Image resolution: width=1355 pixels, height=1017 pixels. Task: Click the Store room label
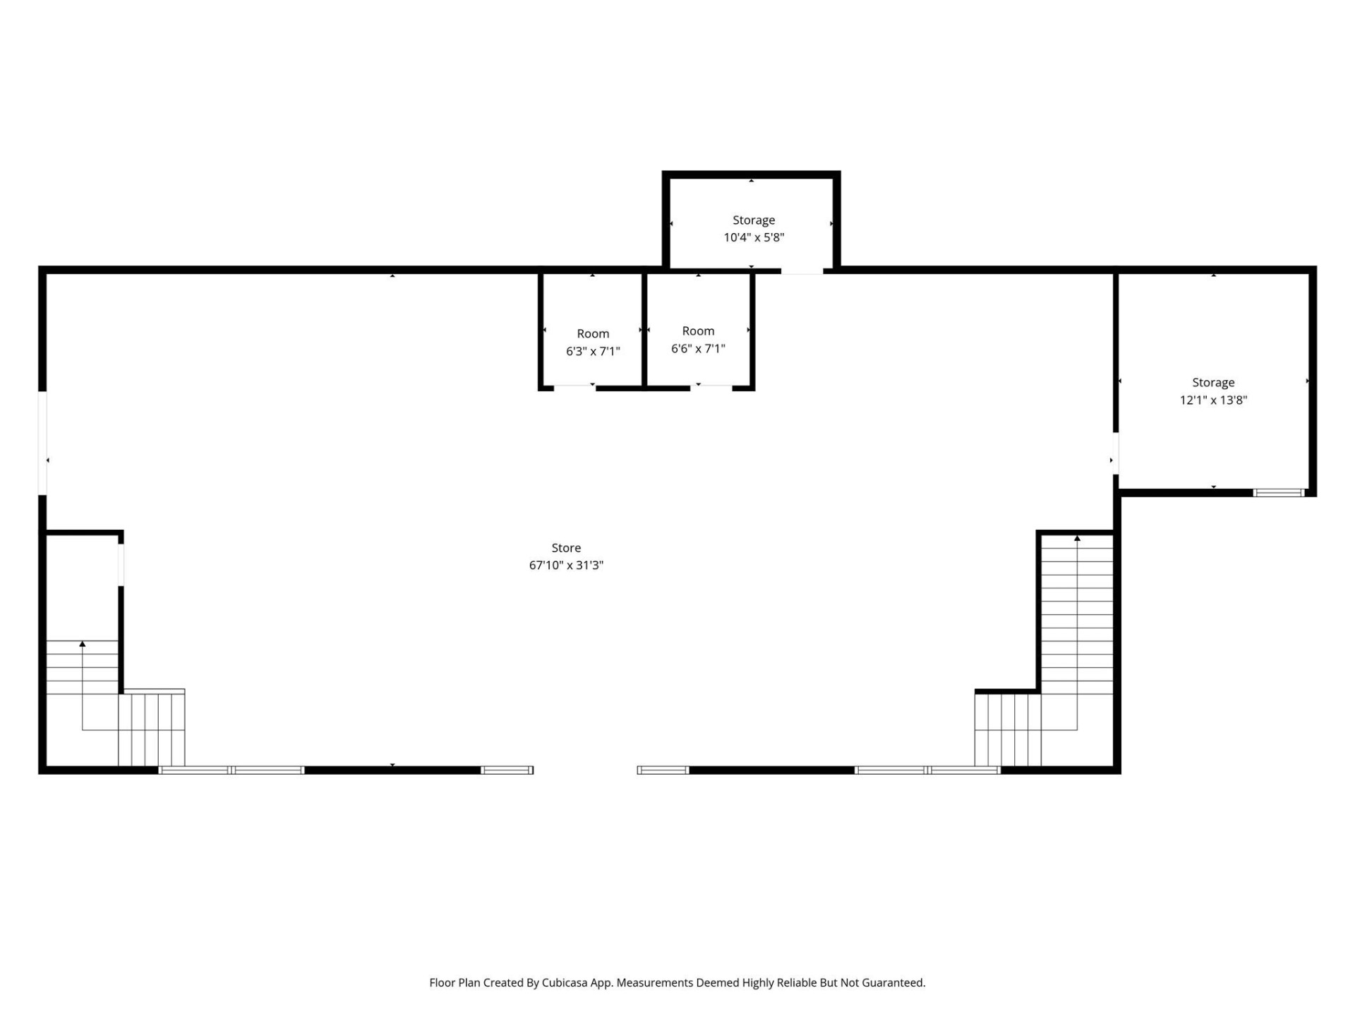566,547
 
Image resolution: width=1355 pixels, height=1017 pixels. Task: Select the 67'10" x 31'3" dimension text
566,565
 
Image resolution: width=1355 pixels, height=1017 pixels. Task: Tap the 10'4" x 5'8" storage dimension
754,237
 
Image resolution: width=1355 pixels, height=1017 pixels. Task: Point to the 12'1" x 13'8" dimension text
1213,400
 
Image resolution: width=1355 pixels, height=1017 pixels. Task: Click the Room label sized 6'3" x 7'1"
593,333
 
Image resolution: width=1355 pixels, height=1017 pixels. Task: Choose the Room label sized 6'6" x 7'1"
698,331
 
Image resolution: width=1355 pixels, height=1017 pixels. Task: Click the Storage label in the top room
754,220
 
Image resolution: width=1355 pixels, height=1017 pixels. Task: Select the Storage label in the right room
1213,382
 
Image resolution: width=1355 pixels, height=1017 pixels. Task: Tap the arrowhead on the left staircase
83,643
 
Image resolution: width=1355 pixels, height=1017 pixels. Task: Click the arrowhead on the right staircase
1077,539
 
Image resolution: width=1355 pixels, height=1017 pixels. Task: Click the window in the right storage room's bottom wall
1278,492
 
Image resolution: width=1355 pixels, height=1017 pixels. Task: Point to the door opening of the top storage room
802,270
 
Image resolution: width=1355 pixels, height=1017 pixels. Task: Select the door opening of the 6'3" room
574,387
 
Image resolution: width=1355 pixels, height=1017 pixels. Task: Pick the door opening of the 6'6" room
711,387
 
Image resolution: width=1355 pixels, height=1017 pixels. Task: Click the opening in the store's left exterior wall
42,443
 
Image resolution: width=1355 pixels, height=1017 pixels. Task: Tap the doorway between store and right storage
1116,453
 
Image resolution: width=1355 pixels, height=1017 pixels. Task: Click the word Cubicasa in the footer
567,982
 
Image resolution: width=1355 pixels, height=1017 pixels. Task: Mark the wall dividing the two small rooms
644,331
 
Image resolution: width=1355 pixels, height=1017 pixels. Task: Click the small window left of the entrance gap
507,770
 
